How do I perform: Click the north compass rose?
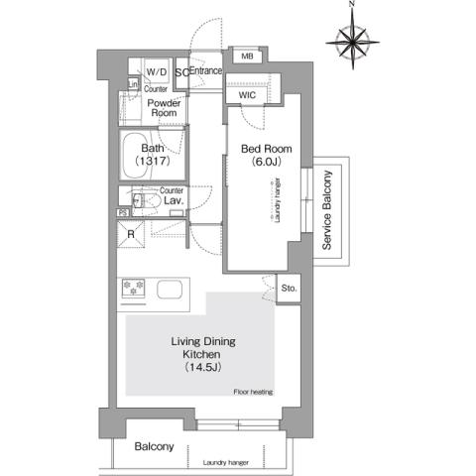[x=353, y=41]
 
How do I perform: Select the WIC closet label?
[x=249, y=95]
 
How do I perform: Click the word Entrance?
[x=205, y=71]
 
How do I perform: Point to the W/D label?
[x=157, y=73]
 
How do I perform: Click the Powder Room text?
[x=164, y=107]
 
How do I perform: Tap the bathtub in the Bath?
[x=149, y=156]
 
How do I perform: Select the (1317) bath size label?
[x=157, y=163]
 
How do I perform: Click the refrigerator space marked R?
[x=131, y=234]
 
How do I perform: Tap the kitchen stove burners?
[x=134, y=289]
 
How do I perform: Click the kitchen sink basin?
[x=167, y=293]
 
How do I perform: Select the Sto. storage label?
[x=289, y=289]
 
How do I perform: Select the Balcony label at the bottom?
[x=155, y=446]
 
